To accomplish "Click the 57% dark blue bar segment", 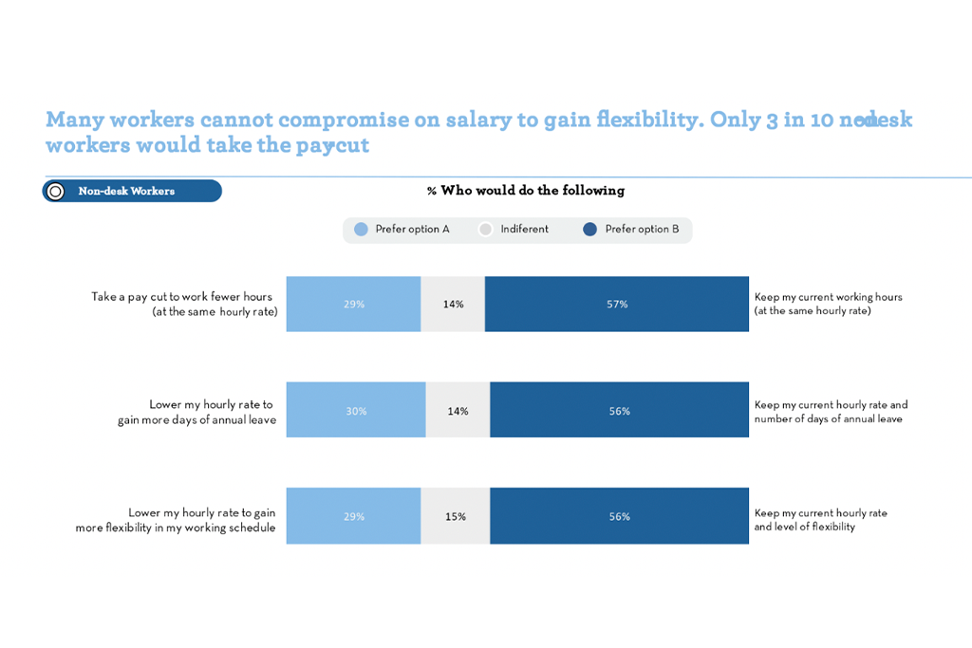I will tap(617, 305).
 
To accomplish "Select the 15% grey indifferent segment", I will tap(455, 517).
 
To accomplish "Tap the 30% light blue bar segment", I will tap(356, 411).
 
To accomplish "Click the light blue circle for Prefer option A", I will tap(361, 230).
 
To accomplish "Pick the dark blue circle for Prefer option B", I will tap(590, 230).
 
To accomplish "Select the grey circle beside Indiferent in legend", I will tap(486, 230).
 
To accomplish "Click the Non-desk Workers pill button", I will tap(132, 192).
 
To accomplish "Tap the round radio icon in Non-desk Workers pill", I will tap(56, 192).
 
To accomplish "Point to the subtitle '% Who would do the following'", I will tap(525, 191).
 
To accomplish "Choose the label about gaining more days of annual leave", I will tap(197, 412).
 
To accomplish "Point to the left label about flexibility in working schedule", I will tap(176, 520).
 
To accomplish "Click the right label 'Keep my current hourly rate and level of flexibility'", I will tap(820, 519).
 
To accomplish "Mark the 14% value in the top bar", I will tap(453, 305).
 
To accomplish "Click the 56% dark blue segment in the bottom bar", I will tap(619, 517).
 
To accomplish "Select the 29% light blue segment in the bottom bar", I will tap(353, 517).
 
